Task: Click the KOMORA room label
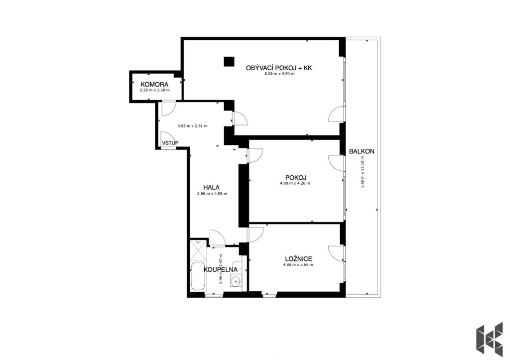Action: (x=154, y=85)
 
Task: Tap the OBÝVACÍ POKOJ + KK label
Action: (x=279, y=68)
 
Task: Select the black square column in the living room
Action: (x=229, y=61)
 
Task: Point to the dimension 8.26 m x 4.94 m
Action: (x=279, y=74)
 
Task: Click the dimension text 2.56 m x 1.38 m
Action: (x=154, y=91)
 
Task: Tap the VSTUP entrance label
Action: (x=170, y=143)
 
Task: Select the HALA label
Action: (x=211, y=187)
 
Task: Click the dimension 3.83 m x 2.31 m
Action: (x=193, y=126)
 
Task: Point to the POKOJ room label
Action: (x=296, y=178)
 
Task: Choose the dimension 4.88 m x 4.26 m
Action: (x=295, y=183)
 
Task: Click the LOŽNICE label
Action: (x=299, y=259)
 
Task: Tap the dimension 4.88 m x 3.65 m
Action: (x=298, y=265)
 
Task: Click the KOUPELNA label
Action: (x=221, y=269)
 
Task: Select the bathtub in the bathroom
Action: (x=198, y=277)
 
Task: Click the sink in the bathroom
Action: (x=236, y=280)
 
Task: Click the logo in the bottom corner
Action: (x=490, y=339)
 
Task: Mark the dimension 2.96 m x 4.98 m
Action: (x=212, y=194)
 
